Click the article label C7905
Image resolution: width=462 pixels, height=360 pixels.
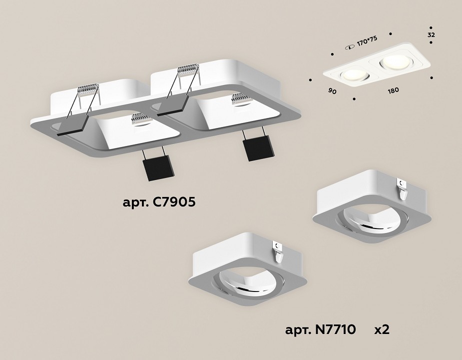coord(163,203)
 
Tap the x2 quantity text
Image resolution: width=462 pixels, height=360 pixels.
coord(383,330)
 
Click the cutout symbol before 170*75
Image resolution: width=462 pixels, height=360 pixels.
coord(348,46)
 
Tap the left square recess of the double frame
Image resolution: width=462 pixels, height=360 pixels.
coord(132,131)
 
